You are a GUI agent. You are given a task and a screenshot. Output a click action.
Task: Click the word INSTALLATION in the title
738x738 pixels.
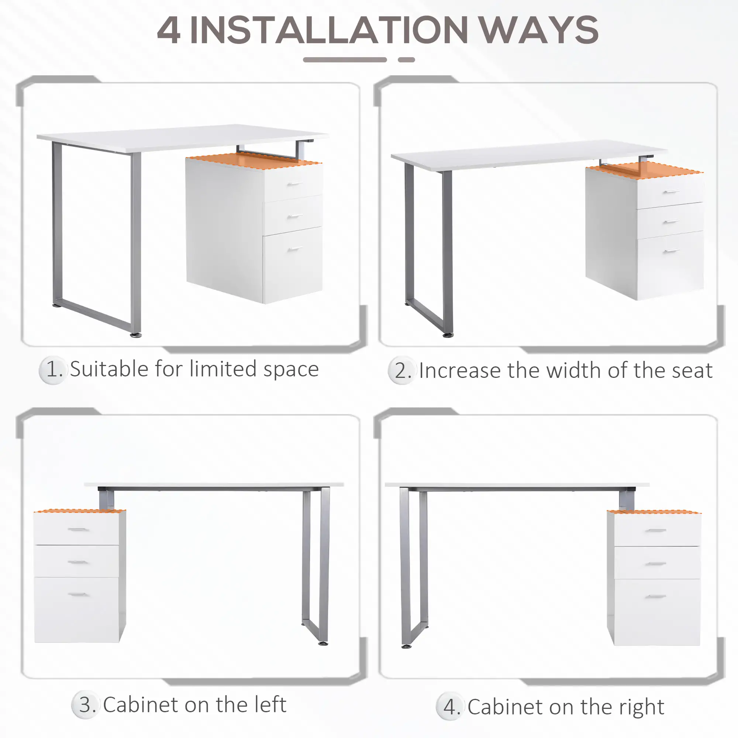tap(328, 31)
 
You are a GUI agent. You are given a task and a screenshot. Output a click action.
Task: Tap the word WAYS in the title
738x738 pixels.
tap(539, 31)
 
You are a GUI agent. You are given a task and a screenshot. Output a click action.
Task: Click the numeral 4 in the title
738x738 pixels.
tap(169, 31)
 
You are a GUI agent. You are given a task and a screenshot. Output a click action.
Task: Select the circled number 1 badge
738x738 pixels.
tap(53, 369)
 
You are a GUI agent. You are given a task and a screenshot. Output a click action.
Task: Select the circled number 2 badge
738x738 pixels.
tap(402, 370)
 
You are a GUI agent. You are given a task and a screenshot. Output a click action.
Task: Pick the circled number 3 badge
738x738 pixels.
tap(86, 704)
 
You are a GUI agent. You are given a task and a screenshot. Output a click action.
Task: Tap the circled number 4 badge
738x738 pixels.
tap(451, 707)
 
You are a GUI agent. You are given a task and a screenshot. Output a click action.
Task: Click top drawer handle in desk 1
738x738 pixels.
tap(294, 184)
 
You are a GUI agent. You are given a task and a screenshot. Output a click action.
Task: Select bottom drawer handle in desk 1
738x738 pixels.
tap(294, 249)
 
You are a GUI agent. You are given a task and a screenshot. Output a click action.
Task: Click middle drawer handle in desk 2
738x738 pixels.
tap(671, 221)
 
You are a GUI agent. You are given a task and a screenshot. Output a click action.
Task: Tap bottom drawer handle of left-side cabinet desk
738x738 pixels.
tap(78, 594)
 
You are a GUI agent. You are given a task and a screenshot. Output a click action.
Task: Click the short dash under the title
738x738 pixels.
tap(406, 59)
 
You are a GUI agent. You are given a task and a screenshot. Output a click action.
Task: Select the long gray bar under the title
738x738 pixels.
tap(345, 59)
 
